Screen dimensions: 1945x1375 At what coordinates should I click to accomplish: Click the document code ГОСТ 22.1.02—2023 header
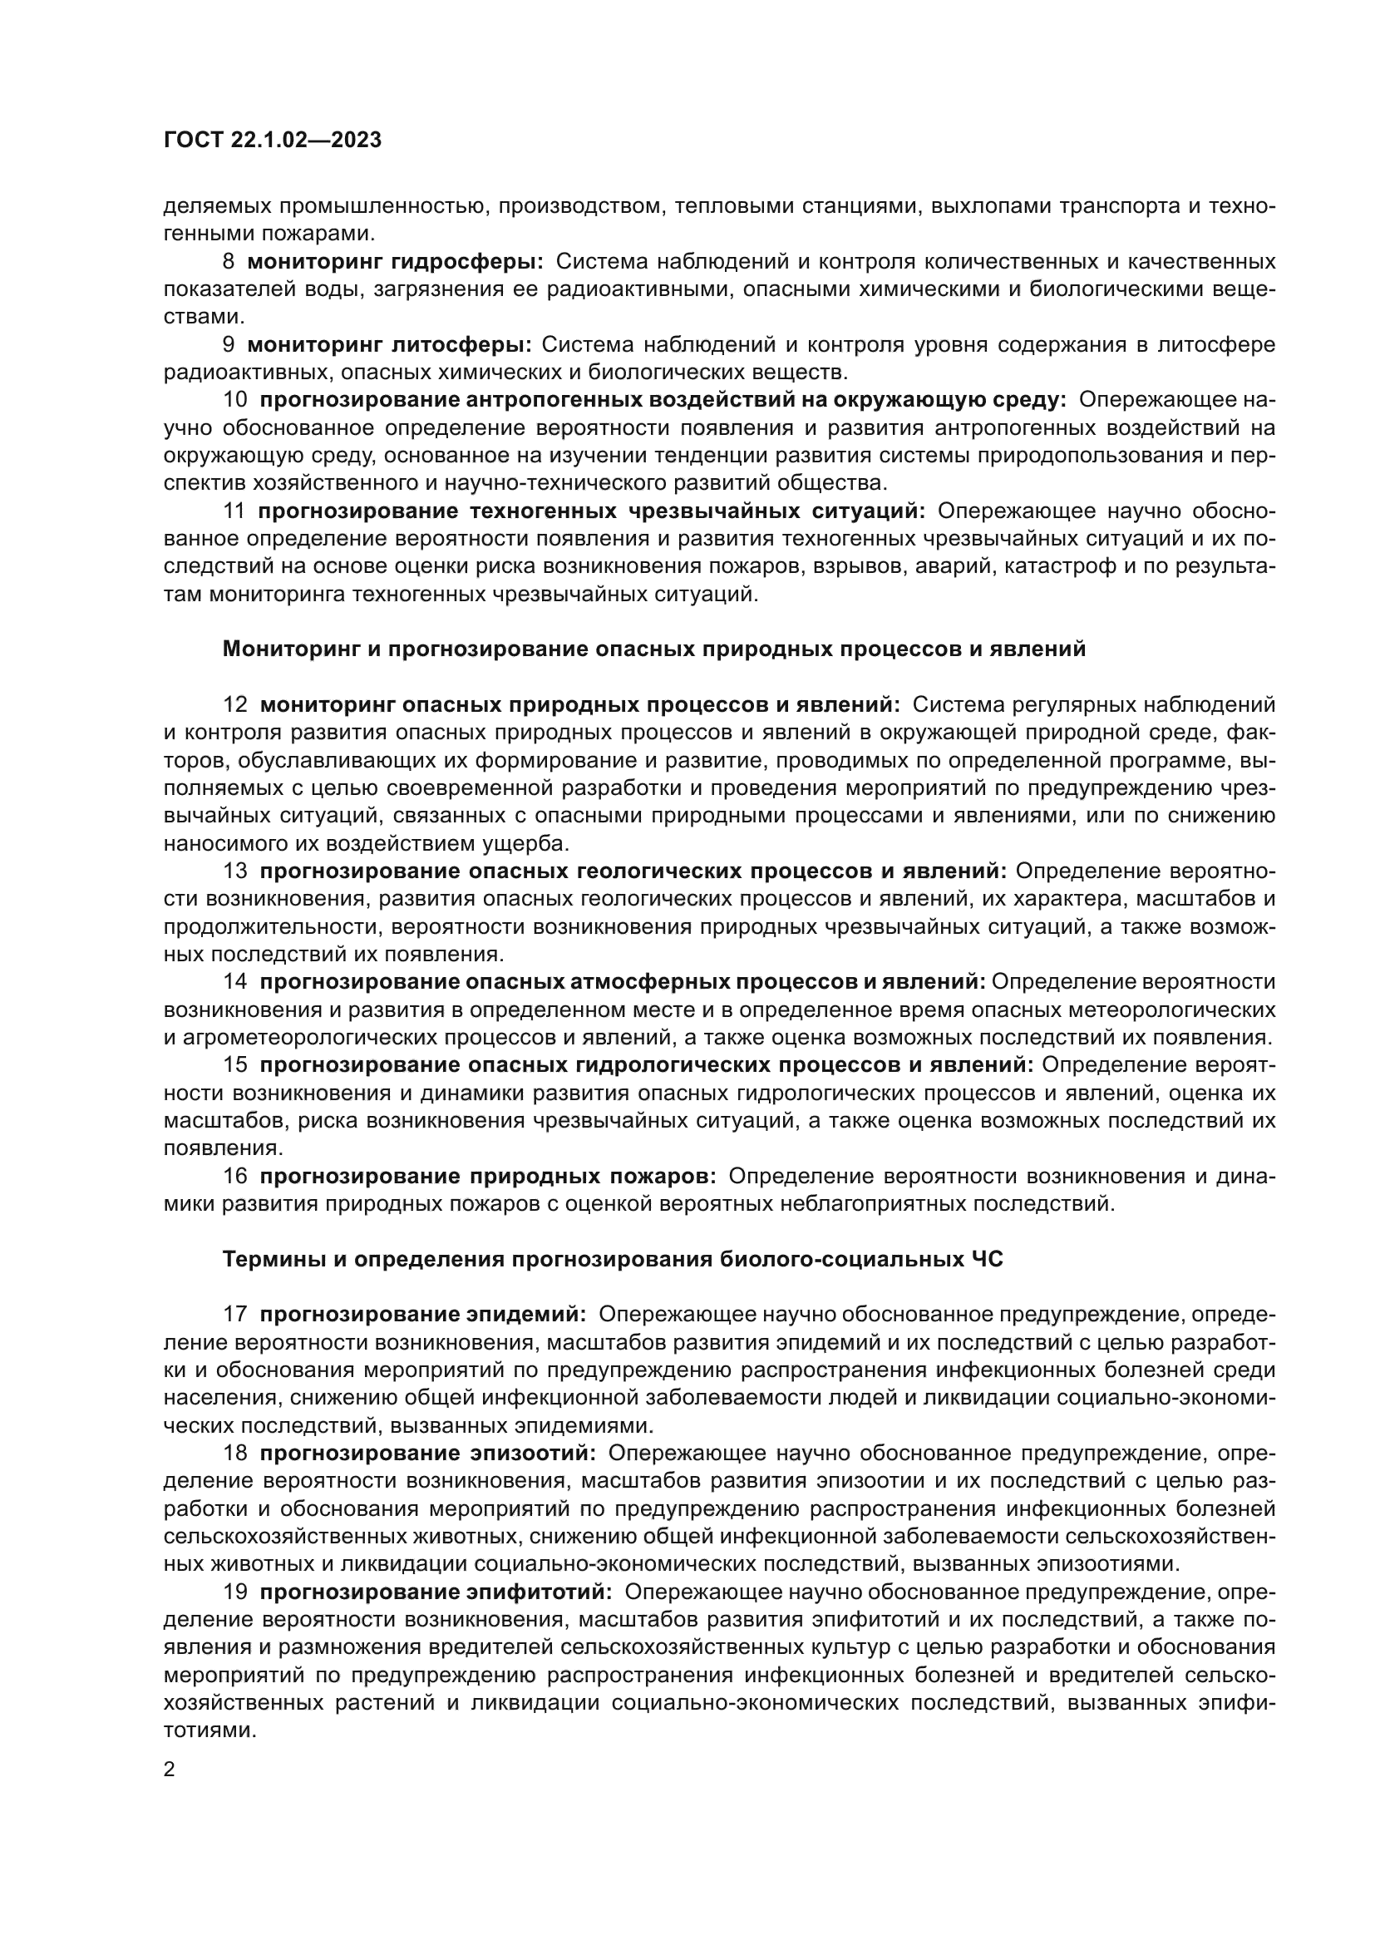[x=272, y=141]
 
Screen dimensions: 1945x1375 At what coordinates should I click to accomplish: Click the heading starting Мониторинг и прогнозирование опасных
[x=653, y=649]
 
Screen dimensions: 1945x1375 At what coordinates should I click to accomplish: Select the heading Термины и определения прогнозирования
[x=612, y=1260]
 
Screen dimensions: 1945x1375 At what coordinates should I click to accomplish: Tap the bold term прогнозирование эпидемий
[x=422, y=1315]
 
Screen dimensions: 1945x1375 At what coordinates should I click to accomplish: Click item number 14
[x=234, y=982]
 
